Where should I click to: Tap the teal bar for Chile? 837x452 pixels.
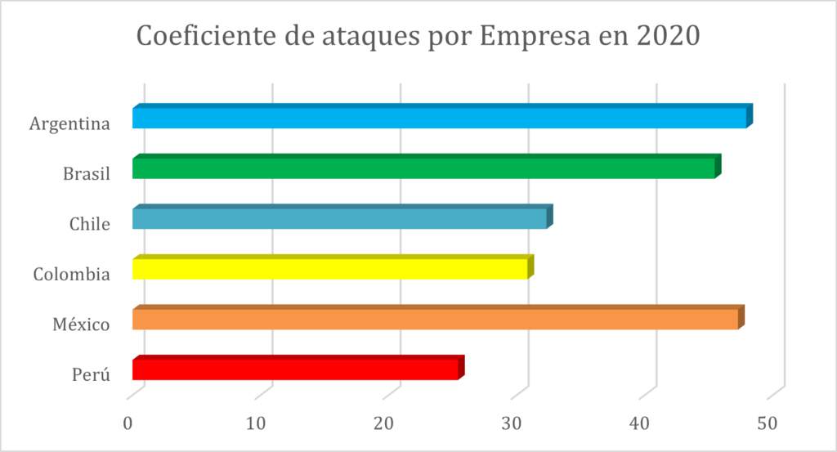(x=339, y=219)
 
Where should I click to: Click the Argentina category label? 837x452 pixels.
(x=69, y=124)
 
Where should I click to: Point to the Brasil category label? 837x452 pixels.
(x=86, y=174)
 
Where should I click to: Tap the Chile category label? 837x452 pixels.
(x=90, y=224)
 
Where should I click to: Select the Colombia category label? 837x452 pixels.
(x=71, y=275)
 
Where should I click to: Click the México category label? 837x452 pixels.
(x=81, y=324)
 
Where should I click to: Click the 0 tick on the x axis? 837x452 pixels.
(x=128, y=423)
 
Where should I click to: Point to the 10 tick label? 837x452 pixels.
(x=257, y=423)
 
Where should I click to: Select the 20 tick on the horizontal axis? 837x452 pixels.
(x=384, y=423)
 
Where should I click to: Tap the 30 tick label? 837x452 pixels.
(x=512, y=423)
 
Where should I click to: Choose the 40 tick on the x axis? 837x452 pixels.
(x=640, y=423)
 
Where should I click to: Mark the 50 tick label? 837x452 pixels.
(x=768, y=423)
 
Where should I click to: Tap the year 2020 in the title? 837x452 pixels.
(x=667, y=37)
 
